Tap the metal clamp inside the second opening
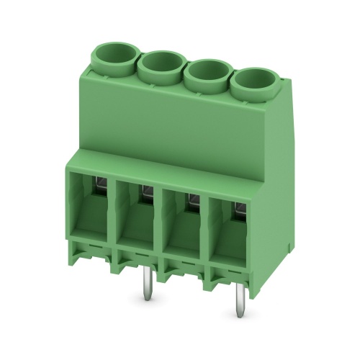[146, 191]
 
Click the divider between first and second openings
[112, 216]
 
